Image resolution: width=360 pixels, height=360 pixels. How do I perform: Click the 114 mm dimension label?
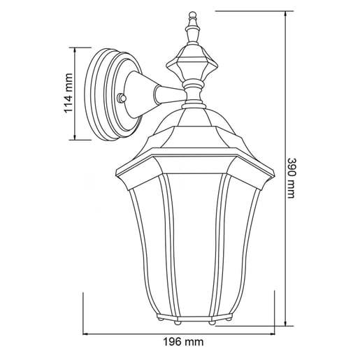coord(68,93)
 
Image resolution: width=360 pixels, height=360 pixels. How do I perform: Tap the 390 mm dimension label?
coord(291,178)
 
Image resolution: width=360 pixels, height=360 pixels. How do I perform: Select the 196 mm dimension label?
coord(183,342)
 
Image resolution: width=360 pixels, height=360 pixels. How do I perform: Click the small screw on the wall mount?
coord(122,98)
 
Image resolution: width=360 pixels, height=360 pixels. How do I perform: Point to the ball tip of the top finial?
coord(192,15)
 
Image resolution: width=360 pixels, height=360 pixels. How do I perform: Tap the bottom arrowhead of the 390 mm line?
coord(286,322)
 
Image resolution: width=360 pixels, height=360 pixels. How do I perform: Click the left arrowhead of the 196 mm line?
coord(87,334)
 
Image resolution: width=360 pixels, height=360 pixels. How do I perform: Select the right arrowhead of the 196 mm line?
coord(271,334)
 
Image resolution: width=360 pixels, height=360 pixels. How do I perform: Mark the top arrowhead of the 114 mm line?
coord(75,51)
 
